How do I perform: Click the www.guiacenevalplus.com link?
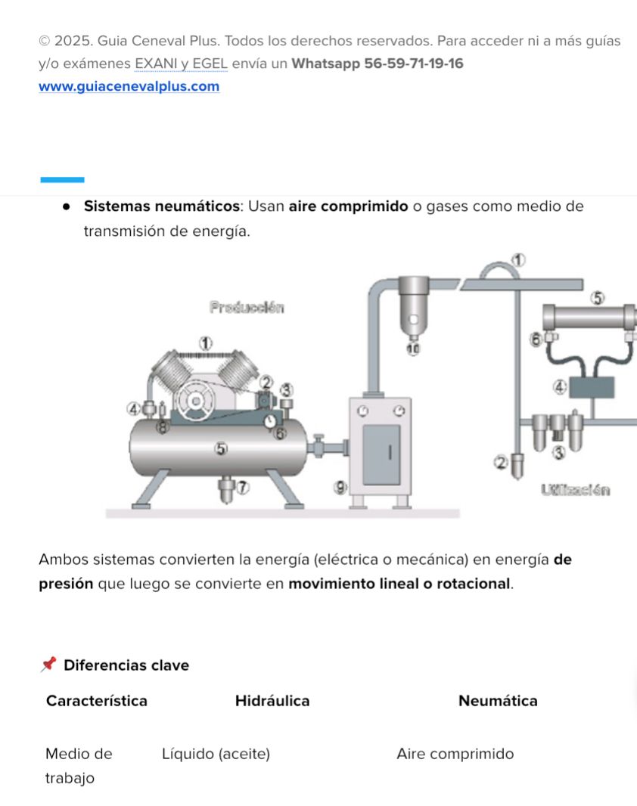coord(129,87)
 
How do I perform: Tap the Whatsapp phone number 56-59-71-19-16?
coord(414,64)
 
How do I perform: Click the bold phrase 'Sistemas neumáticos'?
coord(161,206)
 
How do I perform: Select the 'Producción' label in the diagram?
coord(247,308)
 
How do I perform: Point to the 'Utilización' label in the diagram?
coord(575,490)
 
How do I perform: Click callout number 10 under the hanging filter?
coord(412,349)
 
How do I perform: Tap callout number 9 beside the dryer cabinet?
coord(340,487)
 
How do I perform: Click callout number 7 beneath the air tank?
coord(242,488)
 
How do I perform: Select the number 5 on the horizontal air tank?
coord(220,448)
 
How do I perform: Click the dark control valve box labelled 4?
coord(592,387)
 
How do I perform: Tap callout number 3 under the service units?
coord(559,453)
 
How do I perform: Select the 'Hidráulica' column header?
coord(272,701)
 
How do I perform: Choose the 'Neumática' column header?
coord(498,701)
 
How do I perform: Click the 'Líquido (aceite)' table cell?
coord(216,754)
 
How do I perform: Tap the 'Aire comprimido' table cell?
coord(455,754)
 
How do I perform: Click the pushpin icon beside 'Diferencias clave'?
coord(48,665)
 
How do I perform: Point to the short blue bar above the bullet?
coord(61,180)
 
